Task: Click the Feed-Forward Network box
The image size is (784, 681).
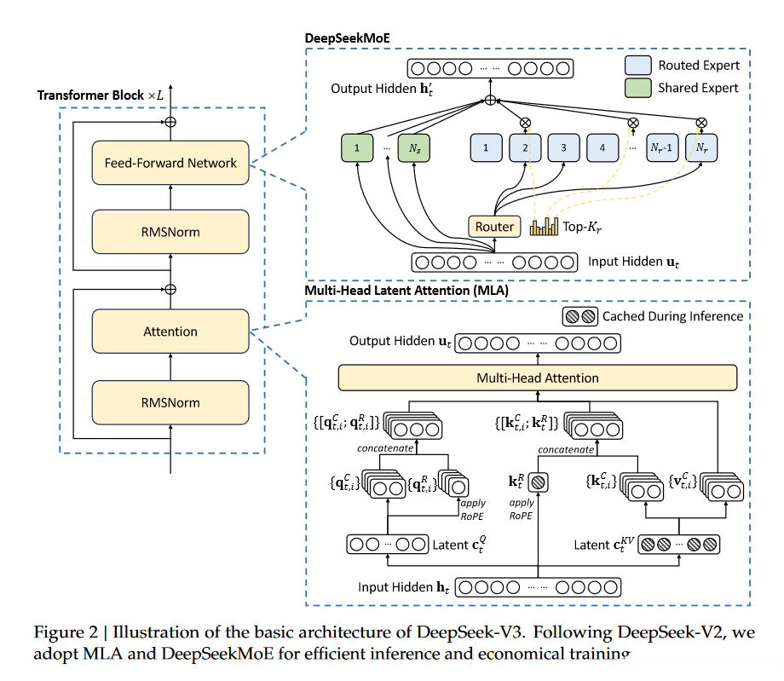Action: (x=170, y=163)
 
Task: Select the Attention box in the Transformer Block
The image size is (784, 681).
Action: (x=170, y=332)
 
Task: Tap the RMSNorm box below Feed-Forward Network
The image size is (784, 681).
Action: (x=170, y=230)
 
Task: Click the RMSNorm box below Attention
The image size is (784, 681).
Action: (x=170, y=402)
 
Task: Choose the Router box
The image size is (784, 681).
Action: (x=494, y=226)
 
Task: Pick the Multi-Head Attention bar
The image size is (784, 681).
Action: (x=537, y=378)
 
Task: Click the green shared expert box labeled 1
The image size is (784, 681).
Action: (x=357, y=148)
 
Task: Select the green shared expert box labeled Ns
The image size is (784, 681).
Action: (x=415, y=148)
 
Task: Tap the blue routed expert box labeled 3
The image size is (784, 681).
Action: (x=563, y=148)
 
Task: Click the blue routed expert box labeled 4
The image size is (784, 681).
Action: (x=602, y=148)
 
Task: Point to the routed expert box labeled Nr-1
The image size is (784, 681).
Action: (x=662, y=148)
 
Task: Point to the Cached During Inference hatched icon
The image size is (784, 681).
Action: (x=579, y=316)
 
